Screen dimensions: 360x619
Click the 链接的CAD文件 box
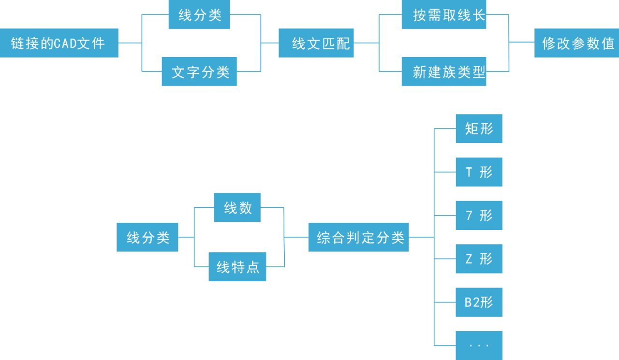coord(59,43)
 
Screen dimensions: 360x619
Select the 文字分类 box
coord(199,72)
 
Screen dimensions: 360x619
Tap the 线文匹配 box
coord(316,43)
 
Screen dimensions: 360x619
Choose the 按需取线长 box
coord(444,14)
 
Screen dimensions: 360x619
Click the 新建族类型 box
coord(444,72)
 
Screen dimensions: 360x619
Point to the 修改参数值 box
coord(576,43)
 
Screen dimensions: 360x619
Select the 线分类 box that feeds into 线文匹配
coord(199,14)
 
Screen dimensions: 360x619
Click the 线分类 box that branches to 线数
coord(147,237)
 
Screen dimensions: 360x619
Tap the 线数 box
coord(237,208)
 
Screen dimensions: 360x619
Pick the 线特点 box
coord(237,267)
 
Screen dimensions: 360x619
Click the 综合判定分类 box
coord(358,237)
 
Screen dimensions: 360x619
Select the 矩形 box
coord(479,129)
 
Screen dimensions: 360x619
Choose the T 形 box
coord(479,172)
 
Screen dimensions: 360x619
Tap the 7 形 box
coord(479,216)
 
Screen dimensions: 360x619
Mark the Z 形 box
coord(479,259)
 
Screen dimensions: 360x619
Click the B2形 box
coord(479,302)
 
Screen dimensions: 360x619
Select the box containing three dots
coord(479,346)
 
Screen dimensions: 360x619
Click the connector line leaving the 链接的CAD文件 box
coord(130,43)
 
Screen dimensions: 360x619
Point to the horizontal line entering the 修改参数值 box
coord(522,43)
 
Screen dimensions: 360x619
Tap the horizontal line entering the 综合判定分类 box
coord(296,237)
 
